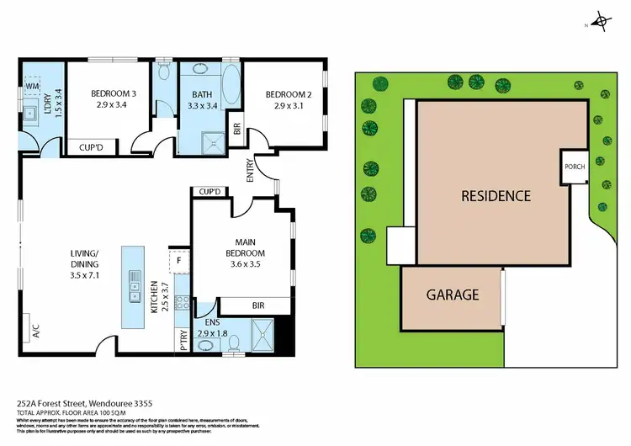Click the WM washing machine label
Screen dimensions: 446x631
tap(33, 87)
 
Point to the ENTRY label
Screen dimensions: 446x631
tap(250, 172)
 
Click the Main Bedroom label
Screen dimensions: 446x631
tap(245, 247)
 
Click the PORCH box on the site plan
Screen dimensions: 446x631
tap(574, 167)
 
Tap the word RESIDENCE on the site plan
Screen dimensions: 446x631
tap(496, 196)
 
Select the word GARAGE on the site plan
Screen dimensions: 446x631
tap(452, 295)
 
